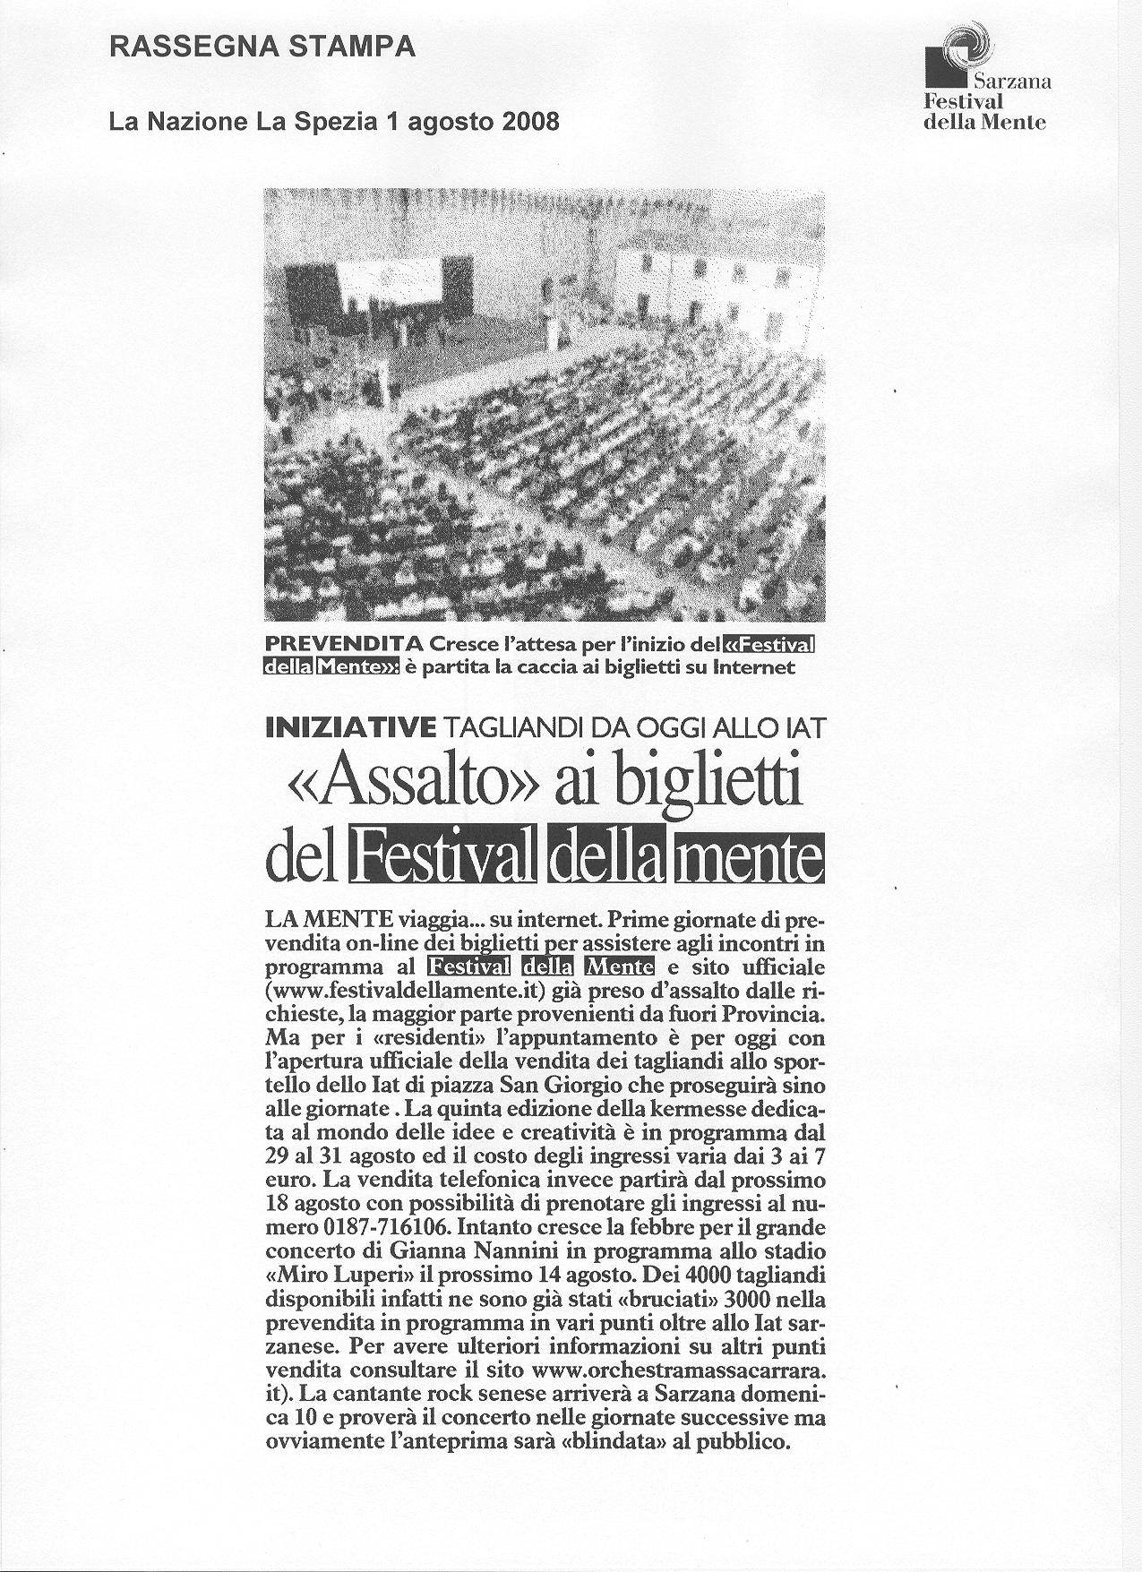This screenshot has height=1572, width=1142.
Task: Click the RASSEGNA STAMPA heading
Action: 262,47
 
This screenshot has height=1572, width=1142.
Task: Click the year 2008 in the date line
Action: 528,121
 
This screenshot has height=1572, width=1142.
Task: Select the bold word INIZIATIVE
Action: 350,728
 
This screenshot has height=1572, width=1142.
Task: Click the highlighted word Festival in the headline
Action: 445,857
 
